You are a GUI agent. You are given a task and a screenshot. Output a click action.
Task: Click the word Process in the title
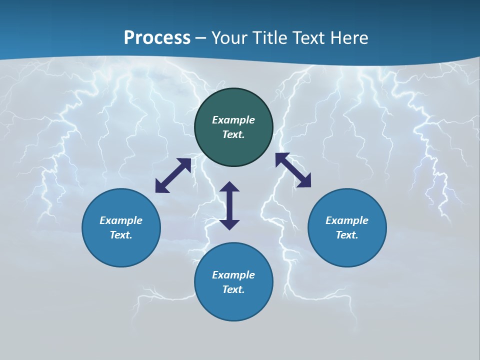coord(157,38)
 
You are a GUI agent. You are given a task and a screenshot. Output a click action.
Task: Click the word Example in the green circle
coord(233,120)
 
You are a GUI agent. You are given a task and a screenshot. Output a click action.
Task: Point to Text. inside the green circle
coord(233,134)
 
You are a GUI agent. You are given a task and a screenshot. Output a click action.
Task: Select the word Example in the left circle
coord(121,220)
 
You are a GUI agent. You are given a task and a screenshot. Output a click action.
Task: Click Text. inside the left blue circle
coord(121,235)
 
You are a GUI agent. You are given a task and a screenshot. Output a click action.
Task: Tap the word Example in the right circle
coord(347,220)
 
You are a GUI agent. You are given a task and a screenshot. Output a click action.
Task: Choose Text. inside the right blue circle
coord(347,235)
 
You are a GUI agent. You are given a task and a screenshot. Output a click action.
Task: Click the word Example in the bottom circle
coord(233,275)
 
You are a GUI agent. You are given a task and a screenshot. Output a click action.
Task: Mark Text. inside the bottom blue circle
coord(233,289)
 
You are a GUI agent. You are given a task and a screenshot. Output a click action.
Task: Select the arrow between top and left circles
coord(173,175)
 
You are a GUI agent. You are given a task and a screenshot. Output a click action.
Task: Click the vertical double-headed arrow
coord(229,205)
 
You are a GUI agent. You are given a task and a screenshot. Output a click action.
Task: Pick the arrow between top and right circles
coord(293,170)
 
